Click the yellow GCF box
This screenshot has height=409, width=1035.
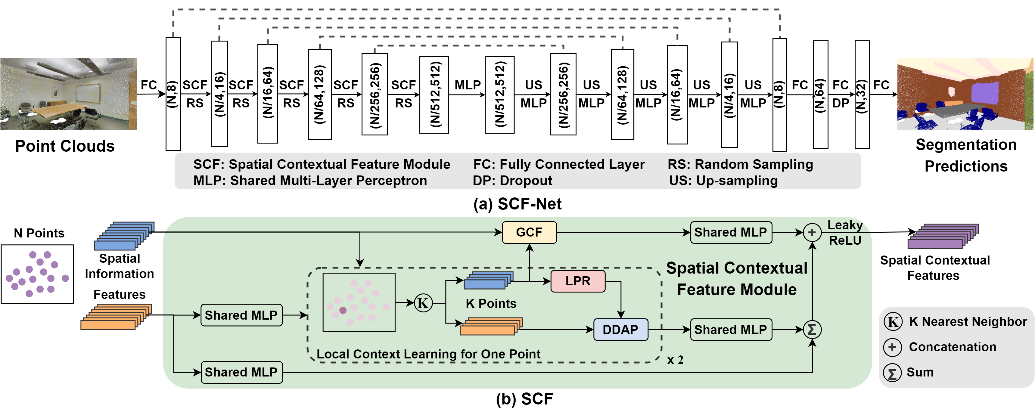(529, 232)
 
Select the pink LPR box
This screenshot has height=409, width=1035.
(578, 281)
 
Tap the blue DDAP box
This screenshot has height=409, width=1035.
(620, 330)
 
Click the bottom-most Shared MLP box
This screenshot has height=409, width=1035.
(241, 372)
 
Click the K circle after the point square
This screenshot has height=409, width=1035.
(423, 303)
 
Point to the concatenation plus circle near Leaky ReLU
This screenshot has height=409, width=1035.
(812, 232)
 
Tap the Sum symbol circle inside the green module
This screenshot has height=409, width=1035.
(812, 330)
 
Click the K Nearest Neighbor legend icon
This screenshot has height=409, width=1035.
(893, 322)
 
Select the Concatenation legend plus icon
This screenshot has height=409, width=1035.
(892, 347)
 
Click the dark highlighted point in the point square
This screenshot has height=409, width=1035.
(343, 310)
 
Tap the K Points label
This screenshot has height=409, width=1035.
(491, 303)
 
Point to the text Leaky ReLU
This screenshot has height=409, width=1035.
(845, 233)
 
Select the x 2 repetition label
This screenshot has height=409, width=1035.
(675, 360)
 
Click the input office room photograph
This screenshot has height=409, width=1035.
(69, 94)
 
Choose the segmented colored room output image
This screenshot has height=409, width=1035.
(965, 94)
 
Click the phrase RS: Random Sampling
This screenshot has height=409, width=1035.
(740, 164)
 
